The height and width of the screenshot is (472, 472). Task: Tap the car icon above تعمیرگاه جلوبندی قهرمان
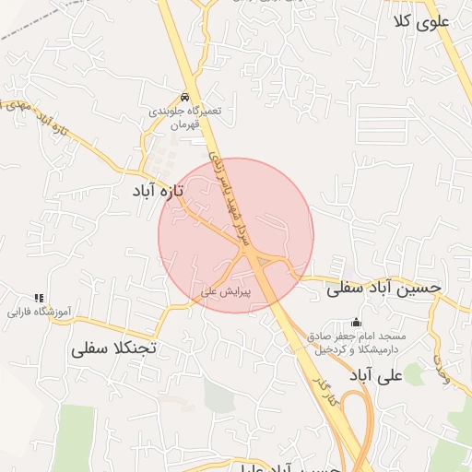point(186,98)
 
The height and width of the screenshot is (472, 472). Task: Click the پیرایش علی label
point(221,291)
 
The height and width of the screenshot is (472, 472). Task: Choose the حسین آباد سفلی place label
point(383,288)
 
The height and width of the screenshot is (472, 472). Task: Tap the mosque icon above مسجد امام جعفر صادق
point(356,322)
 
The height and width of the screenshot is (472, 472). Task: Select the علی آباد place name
point(377,375)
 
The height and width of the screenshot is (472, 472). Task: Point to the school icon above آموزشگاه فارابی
point(39,298)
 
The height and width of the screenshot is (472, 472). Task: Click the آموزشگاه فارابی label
point(32,312)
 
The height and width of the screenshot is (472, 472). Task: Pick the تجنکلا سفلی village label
point(116,349)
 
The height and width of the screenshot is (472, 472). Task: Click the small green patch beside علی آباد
point(414,372)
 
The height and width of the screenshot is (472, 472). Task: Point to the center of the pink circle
point(236,235)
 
